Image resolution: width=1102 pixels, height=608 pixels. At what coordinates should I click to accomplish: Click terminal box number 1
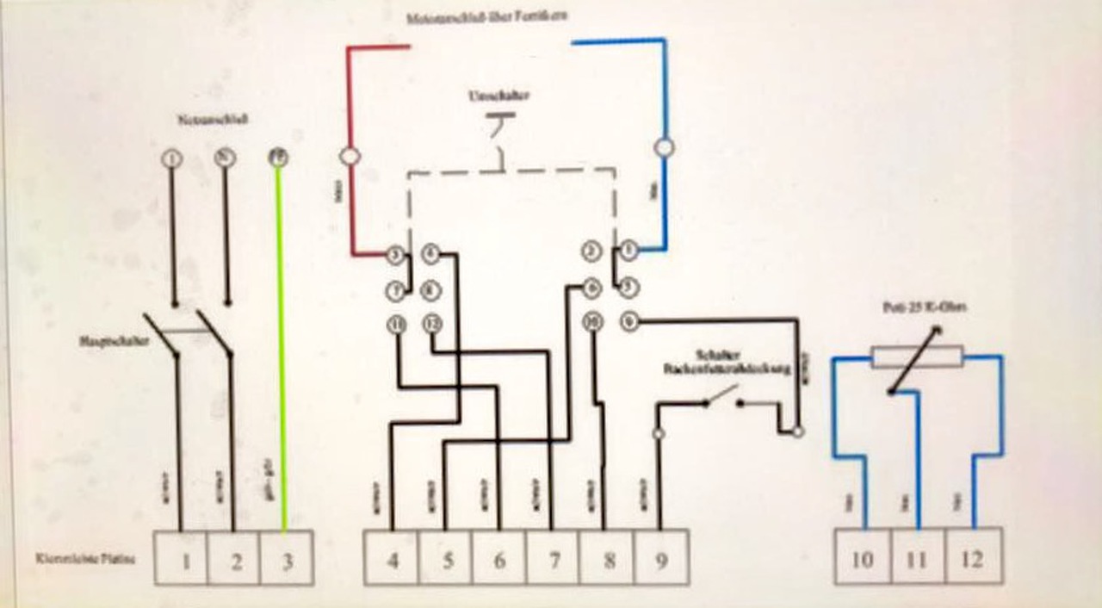[182, 559]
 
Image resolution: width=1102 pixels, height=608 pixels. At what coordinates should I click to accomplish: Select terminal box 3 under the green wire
[287, 559]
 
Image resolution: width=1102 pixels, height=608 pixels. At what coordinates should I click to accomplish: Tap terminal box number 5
[446, 559]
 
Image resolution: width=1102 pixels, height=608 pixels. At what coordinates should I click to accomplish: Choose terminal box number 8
[608, 559]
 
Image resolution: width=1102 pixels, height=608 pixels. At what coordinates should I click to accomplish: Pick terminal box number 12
[972, 559]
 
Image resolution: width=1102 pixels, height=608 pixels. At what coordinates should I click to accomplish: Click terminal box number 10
[862, 559]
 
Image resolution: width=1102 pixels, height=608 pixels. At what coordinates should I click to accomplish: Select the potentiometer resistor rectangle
[916, 357]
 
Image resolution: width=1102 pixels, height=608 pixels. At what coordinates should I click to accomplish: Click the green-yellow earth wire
[281, 344]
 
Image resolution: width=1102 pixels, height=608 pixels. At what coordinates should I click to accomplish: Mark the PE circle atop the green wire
[278, 158]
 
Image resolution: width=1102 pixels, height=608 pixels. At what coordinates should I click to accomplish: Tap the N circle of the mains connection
[225, 158]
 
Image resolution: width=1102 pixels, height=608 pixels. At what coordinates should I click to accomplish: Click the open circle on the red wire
[350, 157]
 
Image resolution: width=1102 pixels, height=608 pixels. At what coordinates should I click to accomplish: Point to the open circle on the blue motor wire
[663, 147]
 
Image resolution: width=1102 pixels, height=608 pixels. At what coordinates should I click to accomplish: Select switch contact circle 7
[395, 291]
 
